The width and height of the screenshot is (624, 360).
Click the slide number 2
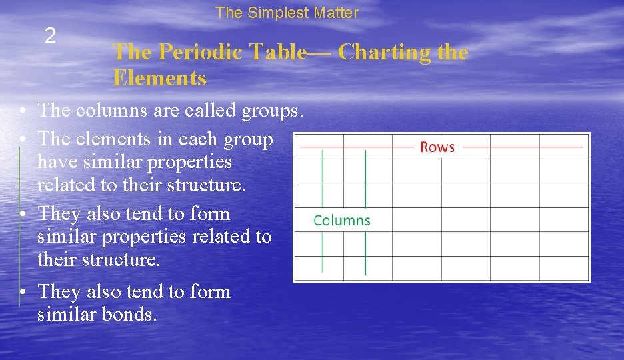(x=50, y=36)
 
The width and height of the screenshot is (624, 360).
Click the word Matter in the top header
(x=337, y=13)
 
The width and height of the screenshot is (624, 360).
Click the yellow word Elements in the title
(x=160, y=79)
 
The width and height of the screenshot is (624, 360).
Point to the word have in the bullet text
(x=55, y=162)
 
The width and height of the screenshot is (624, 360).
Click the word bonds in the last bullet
(x=129, y=314)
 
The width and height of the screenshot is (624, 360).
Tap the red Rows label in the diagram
(x=437, y=147)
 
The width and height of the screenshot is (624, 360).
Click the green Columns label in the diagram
(x=342, y=221)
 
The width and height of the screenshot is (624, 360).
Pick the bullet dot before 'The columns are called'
(x=23, y=111)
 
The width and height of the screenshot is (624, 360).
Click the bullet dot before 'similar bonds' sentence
(x=23, y=292)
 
